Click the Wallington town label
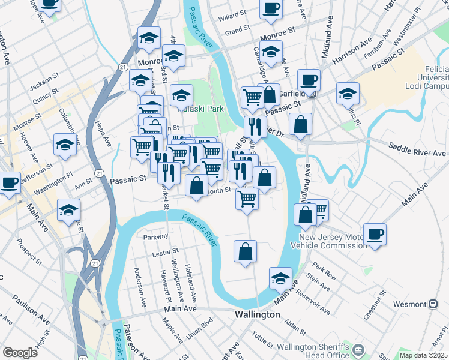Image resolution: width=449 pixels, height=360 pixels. click(256, 314)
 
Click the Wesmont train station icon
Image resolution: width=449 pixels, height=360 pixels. click(432, 304)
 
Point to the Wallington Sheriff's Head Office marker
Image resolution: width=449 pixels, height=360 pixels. click(359, 350)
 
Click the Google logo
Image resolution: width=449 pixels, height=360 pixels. click(20, 353)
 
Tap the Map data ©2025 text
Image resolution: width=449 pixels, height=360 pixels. click(423, 355)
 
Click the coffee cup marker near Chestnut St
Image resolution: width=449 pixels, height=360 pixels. click(375, 234)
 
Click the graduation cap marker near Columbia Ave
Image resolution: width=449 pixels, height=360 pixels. click(65, 144)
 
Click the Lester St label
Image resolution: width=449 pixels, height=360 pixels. click(166, 251)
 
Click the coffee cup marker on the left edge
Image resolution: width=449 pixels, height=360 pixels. click(9, 182)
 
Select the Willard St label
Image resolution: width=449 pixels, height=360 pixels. click(232, 12)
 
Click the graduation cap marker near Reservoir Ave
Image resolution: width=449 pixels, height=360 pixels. click(280, 278)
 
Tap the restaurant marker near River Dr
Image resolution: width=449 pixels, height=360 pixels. click(255, 126)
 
